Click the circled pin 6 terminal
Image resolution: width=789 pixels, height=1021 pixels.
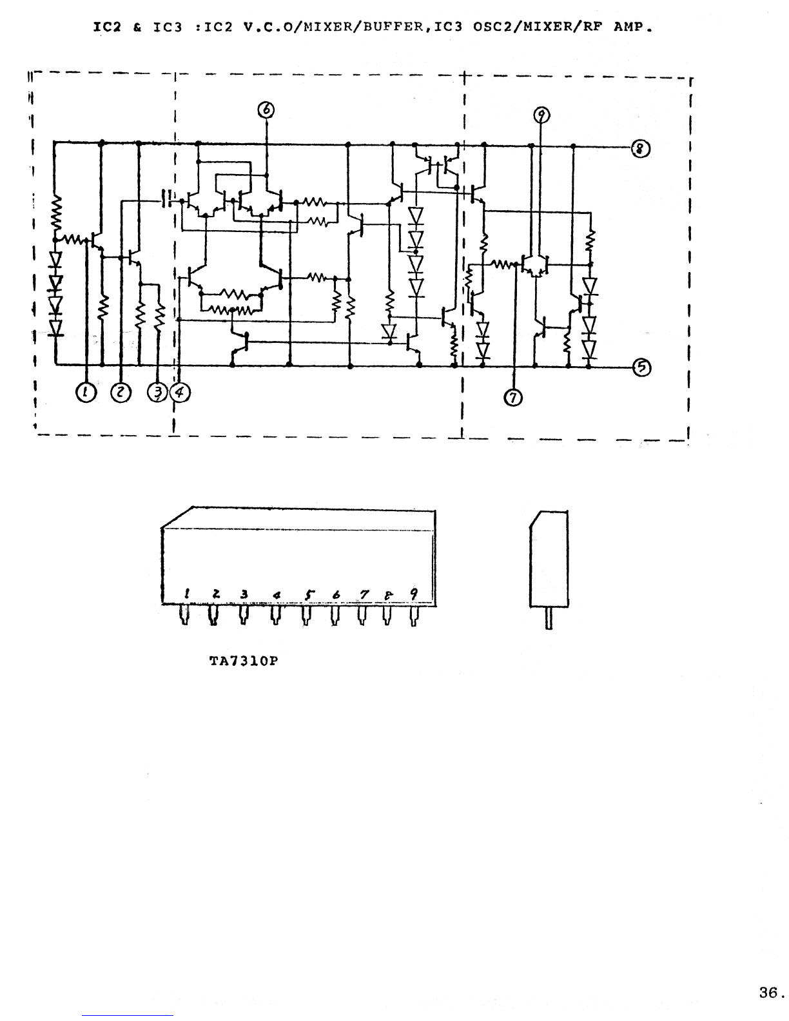266,110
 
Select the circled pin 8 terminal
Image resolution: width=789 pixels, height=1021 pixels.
640,149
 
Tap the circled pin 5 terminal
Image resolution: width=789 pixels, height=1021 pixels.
641,367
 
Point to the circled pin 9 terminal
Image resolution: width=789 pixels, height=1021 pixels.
541,115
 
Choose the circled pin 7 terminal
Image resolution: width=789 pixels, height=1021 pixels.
512,398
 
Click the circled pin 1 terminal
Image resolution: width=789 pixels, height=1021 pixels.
86,393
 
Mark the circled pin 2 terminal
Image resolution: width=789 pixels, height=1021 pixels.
121,393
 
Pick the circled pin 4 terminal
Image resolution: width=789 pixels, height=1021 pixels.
180,393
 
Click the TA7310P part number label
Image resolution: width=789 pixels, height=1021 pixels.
244,661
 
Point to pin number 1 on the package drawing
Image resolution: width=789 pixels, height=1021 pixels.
187,594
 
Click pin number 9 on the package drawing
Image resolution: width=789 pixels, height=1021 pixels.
414,594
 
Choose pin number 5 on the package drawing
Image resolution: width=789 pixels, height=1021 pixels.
309,595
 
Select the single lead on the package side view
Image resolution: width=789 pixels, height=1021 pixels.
549,618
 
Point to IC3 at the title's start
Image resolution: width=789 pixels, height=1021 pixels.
168,27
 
